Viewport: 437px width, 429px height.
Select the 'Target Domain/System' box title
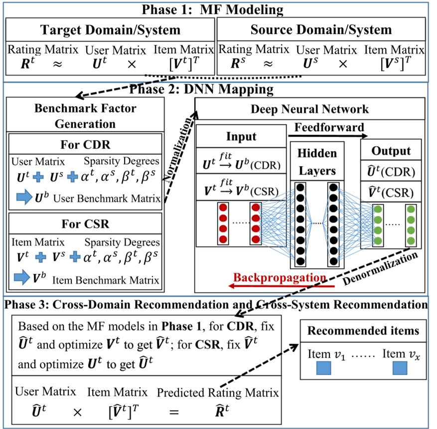click(111, 29)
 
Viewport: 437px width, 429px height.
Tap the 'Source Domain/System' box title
click(321, 29)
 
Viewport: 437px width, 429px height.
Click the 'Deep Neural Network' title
click(309, 109)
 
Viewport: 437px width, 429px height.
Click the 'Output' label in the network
click(391, 151)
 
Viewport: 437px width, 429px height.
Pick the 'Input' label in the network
click(241, 137)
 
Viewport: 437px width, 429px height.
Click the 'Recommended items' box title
click(363, 330)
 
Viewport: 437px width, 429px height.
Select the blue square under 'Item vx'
click(401, 369)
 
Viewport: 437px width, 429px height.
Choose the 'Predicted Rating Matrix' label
click(218, 392)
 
